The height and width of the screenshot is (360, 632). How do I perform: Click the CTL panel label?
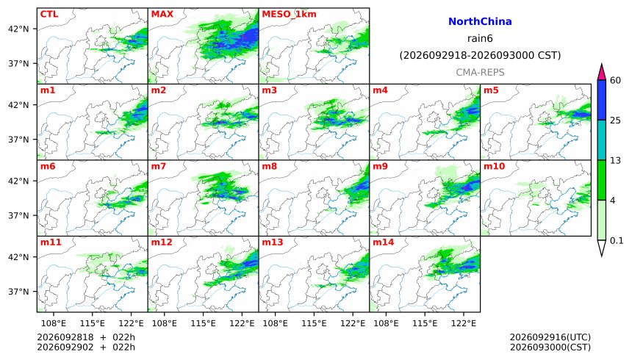pyautogui.click(x=49, y=14)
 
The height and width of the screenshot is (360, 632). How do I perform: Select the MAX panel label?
pyautogui.click(x=162, y=14)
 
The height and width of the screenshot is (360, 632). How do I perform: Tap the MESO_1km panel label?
pyautogui.click(x=289, y=15)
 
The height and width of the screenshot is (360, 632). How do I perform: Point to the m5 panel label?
pyautogui.click(x=491, y=90)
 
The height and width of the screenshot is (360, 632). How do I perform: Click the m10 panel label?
pyautogui.click(x=494, y=166)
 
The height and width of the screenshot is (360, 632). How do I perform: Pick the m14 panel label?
pyautogui.click(x=383, y=242)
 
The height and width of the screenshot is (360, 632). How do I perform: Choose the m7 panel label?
pyautogui.click(x=159, y=166)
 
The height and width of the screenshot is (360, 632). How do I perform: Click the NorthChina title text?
pyautogui.click(x=480, y=21)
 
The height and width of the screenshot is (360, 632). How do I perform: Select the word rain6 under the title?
pyautogui.click(x=480, y=38)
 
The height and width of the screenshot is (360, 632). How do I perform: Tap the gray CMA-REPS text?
pyautogui.click(x=480, y=72)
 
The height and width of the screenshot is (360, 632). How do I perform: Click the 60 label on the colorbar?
pyautogui.click(x=616, y=80)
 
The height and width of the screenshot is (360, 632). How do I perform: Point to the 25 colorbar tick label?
pyautogui.click(x=616, y=120)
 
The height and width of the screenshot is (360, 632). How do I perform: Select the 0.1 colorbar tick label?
pyautogui.click(x=617, y=241)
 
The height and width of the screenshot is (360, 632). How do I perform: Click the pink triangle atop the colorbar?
pyautogui.click(x=602, y=73)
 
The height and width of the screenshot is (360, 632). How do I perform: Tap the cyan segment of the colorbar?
pyautogui.click(x=602, y=140)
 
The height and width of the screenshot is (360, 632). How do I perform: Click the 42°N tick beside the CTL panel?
pyautogui.click(x=18, y=29)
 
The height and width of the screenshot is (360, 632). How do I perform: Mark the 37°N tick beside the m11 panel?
pyautogui.click(x=18, y=292)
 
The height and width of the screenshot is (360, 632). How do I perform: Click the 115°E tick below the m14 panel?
pyautogui.click(x=425, y=323)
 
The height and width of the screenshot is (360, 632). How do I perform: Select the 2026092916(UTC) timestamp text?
pyautogui.click(x=550, y=337)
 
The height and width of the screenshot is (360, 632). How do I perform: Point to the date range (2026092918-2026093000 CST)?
pyautogui.click(x=480, y=55)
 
